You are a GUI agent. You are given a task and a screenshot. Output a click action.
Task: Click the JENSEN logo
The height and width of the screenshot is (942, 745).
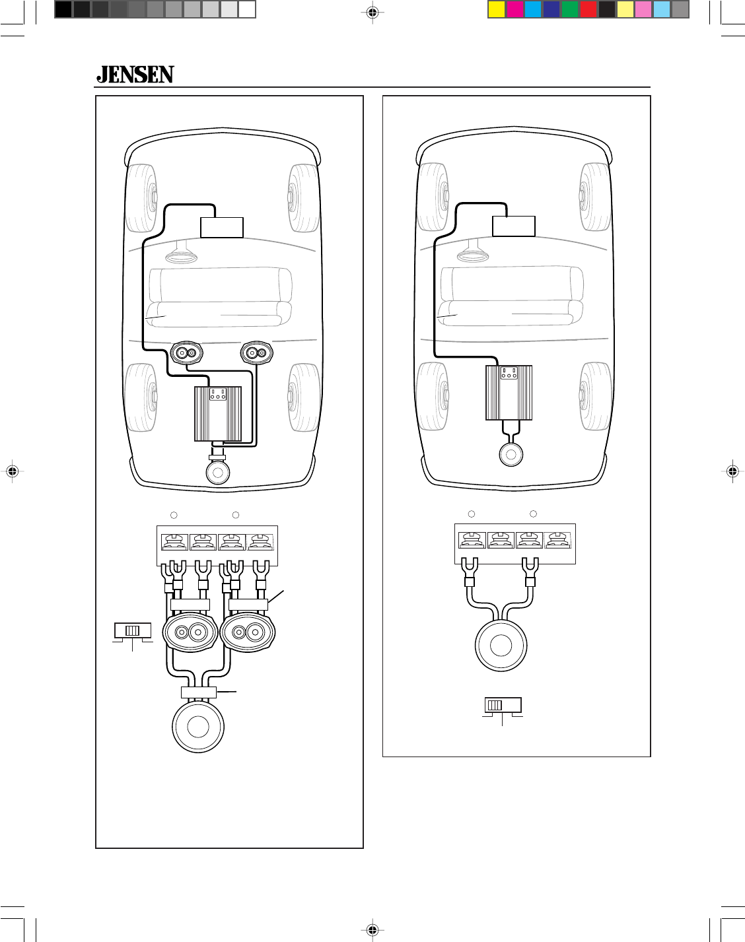click(135, 75)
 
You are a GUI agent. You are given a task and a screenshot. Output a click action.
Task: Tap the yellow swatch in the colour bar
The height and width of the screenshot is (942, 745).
click(497, 10)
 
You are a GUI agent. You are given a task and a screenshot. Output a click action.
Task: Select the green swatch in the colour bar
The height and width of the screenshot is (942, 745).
click(570, 10)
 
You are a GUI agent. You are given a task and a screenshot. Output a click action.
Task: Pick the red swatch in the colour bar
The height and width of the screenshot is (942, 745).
click(588, 10)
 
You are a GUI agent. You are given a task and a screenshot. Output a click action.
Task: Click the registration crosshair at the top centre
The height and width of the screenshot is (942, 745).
click(373, 13)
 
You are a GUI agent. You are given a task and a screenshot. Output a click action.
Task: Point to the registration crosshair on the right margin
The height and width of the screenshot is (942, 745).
click(732, 471)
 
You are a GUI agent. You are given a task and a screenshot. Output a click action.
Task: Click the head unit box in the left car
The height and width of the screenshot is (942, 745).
click(222, 228)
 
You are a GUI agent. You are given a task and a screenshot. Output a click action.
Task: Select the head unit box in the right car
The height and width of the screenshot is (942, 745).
click(514, 226)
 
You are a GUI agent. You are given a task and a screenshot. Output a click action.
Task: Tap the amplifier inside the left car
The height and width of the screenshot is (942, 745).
click(218, 414)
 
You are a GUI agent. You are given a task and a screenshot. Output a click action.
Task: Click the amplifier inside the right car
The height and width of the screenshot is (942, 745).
click(509, 393)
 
